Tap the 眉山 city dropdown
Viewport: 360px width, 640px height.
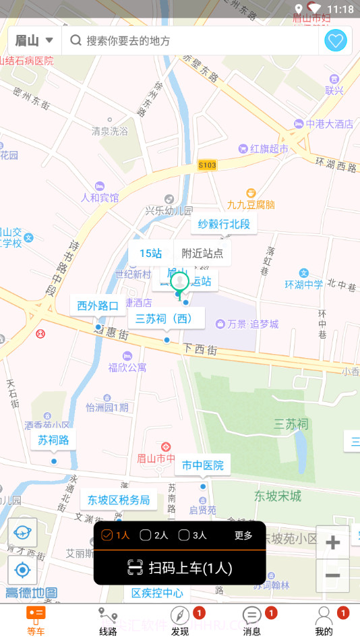coord(34,40)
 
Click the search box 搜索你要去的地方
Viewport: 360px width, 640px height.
coord(189,40)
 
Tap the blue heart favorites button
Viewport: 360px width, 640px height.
coord(336,40)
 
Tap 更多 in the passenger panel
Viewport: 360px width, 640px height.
coord(243,535)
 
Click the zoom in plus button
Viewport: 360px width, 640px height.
coord(332,543)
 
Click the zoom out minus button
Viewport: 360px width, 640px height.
coord(332,575)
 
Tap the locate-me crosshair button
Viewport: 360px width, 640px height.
coord(22,571)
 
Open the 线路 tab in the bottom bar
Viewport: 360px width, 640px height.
coord(108,620)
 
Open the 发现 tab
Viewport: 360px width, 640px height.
coord(180,620)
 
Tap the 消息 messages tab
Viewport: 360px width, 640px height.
coord(252,620)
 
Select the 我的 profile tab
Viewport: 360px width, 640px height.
coord(324,620)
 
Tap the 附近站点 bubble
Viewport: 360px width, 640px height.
coord(202,254)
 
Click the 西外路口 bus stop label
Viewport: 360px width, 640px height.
coord(98,306)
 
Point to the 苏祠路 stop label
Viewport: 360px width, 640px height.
coord(53,440)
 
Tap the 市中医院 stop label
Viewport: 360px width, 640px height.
coord(202,465)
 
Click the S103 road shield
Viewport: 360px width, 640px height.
coord(208,165)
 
